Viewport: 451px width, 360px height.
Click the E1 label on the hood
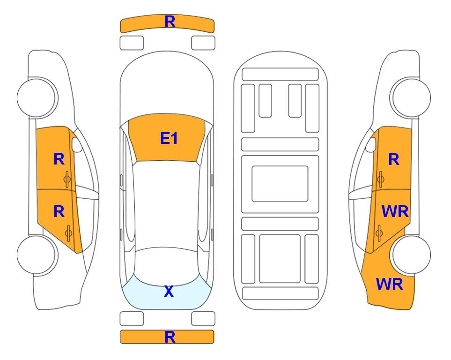coord(169,138)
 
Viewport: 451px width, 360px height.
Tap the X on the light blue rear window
coord(169,292)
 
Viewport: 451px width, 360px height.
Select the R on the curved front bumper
coord(170,22)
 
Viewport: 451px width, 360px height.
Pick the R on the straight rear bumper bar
coord(170,337)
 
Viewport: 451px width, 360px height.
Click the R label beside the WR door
coord(394,159)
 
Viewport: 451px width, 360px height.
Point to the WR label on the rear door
coord(395,212)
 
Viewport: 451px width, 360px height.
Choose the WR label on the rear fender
coord(390,284)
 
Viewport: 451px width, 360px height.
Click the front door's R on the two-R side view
coord(59,159)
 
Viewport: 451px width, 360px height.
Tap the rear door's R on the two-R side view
coord(59,212)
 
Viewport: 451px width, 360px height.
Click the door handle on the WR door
coord(379,232)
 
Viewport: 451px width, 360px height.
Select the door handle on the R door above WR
coord(381,179)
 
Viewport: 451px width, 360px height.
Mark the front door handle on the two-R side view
coord(67,179)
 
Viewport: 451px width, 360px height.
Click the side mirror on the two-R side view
coord(76,144)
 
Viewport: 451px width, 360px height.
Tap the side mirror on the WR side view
coord(371,144)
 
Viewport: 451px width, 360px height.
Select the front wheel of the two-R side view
coord(37,97)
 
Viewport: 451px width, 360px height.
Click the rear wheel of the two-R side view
coord(37,255)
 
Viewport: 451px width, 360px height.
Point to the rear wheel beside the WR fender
coord(411,255)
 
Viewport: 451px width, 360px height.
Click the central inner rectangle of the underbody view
coord(280,184)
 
